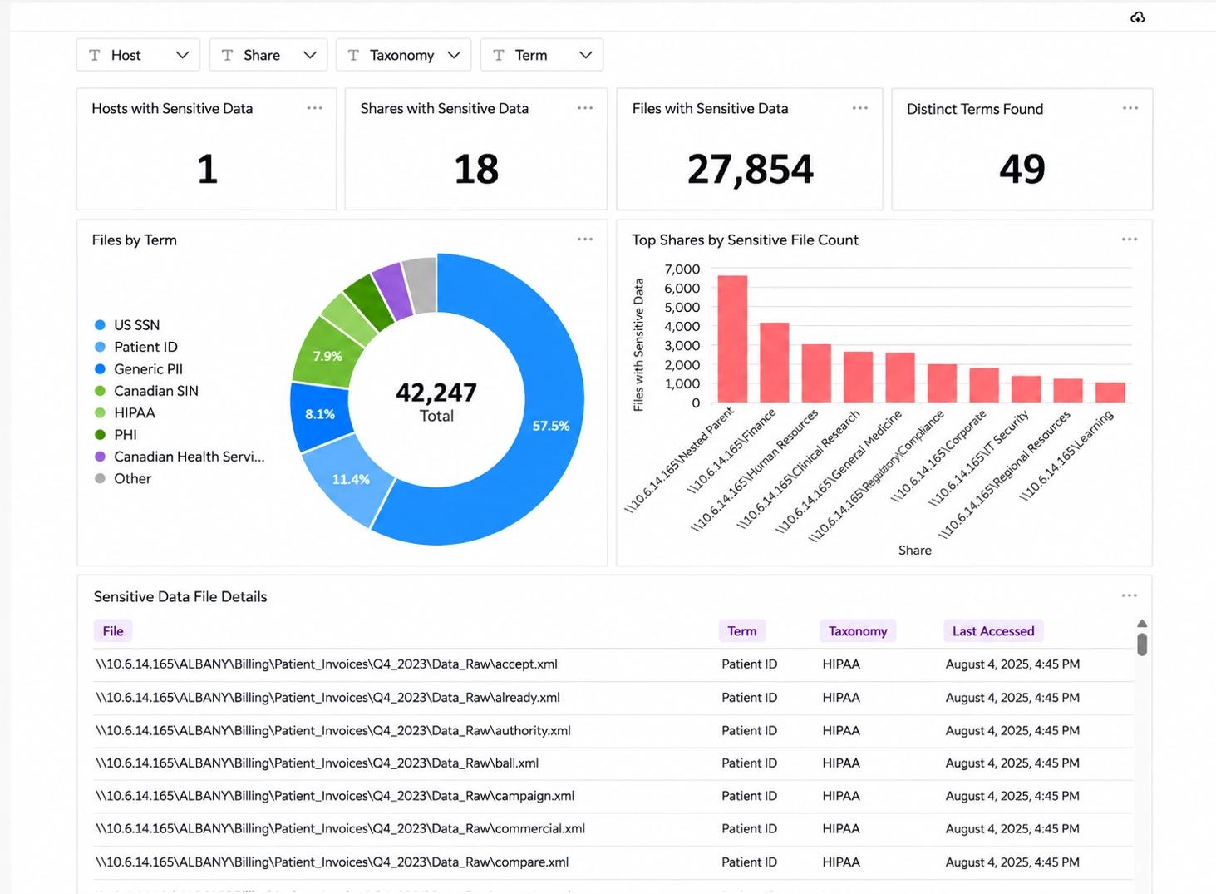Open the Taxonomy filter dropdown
click(x=403, y=55)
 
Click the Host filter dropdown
click(x=139, y=55)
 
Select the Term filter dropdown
click(x=542, y=55)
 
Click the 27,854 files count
click(x=751, y=169)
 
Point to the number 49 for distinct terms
click(x=1022, y=169)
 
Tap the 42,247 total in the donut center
click(x=436, y=393)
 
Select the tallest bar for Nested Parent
click(x=732, y=339)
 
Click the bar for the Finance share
click(x=774, y=363)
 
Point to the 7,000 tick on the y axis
click(x=682, y=269)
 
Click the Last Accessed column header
click(x=993, y=631)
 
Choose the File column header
click(x=113, y=631)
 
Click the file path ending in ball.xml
click(x=317, y=763)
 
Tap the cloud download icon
click(x=1137, y=17)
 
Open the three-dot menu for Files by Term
click(x=584, y=239)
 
